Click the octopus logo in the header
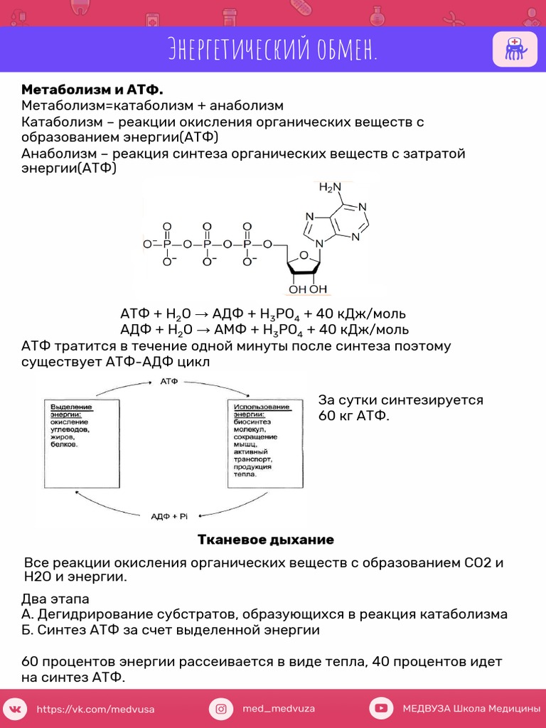[x=515, y=49]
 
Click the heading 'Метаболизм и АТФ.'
[x=92, y=89]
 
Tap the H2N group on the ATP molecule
[x=330, y=188]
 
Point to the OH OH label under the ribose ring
[x=309, y=289]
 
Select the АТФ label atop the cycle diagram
[x=169, y=381]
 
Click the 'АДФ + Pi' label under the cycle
[x=169, y=516]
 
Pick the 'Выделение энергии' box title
[x=71, y=410]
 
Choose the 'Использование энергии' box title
[x=262, y=410]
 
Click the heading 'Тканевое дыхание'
[x=266, y=540]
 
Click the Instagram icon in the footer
[x=221, y=709]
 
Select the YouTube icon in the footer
[x=381, y=709]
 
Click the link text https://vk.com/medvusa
[x=96, y=710]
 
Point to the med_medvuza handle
[x=279, y=709]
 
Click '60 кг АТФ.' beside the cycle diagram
[x=354, y=415]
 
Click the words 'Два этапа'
[x=55, y=599]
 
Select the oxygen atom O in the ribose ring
[x=304, y=256]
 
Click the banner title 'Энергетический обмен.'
[x=272, y=49]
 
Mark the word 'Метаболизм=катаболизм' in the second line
[x=107, y=106]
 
